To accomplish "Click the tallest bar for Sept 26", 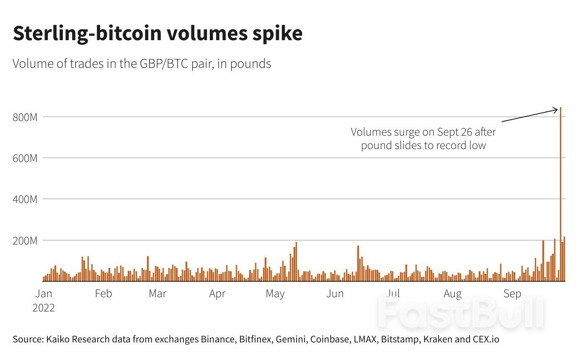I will click(560, 193).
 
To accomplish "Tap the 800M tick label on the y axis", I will click(25, 117).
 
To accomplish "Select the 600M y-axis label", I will click(25, 158).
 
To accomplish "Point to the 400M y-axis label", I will click(25, 199).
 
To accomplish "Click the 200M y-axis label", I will click(25, 241).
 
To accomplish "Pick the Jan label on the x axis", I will click(44, 293).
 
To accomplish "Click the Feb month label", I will click(103, 293).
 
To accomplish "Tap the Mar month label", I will click(157, 293).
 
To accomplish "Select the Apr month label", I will click(217, 293).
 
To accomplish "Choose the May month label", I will click(275, 293).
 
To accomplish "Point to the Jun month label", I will click(335, 293).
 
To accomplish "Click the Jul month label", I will click(393, 293).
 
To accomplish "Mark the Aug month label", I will click(452, 293).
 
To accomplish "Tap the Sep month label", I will click(512, 293).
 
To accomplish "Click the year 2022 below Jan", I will click(44, 308).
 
